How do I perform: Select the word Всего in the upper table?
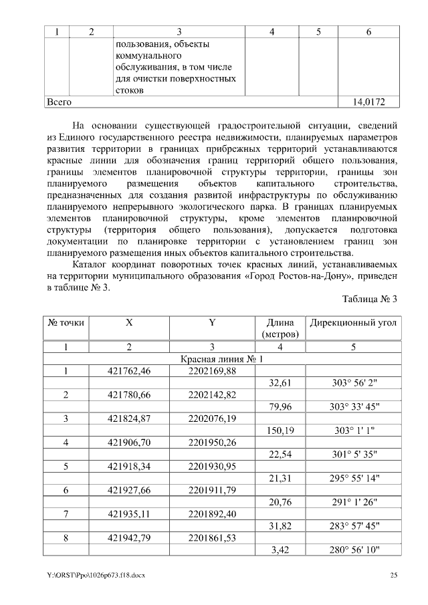pos(58,102)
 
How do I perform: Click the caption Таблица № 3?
pos(370,298)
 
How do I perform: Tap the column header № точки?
pos(66,322)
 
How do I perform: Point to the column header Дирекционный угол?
pos(353,322)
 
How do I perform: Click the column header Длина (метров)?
pos(280,328)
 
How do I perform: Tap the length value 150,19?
pos(281,431)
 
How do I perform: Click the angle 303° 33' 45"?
pos(354,406)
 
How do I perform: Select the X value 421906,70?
pos(129,443)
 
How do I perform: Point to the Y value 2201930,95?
pos(212,466)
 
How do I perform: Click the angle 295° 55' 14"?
pos(354,478)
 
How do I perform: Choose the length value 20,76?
pos(281,502)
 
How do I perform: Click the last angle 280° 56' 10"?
pos(354,550)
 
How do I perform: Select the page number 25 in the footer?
pos(394,574)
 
